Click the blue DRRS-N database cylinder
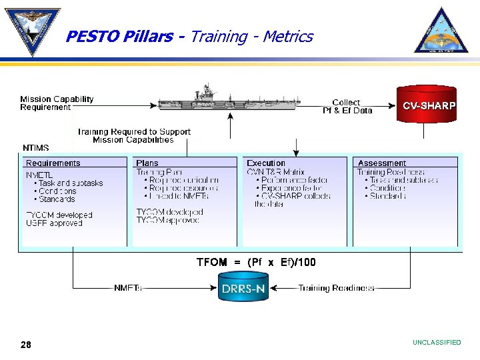[243, 289]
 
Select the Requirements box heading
[53, 163]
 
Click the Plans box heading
[147, 163]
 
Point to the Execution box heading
[266, 163]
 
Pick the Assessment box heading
[382, 163]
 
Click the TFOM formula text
[256, 263]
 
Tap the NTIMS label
[36, 148]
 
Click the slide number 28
[26, 344]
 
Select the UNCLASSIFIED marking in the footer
[437, 343]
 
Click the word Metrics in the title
[287, 37]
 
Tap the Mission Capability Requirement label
[57, 103]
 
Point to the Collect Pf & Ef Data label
[347, 107]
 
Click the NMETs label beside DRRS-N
[128, 288]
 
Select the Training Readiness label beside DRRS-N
[336, 288]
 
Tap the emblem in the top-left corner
[31, 30]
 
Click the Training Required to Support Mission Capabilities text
[133, 136]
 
